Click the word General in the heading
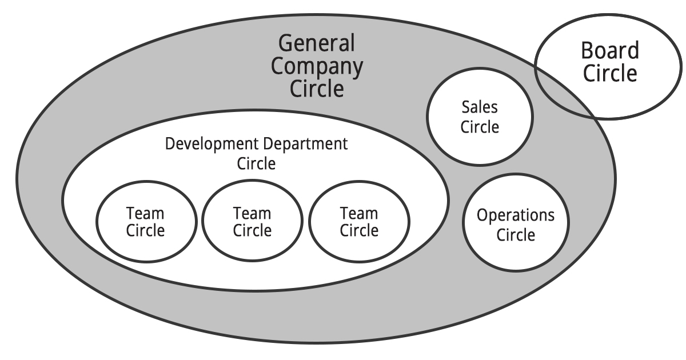(317, 43)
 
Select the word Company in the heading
(317, 66)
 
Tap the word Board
(610, 51)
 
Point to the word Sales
(480, 107)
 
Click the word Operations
(516, 215)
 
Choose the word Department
(305, 143)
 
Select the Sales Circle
(480, 137)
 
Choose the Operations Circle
(516, 251)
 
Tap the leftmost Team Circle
(145, 246)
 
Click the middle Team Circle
(252, 246)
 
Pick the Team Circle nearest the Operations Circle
(359, 246)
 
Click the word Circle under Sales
(480, 126)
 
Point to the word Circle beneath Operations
(516, 235)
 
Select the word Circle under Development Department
(256, 164)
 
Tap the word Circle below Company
(317, 89)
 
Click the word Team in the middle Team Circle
(252, 214)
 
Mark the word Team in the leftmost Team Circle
(145, 214)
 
